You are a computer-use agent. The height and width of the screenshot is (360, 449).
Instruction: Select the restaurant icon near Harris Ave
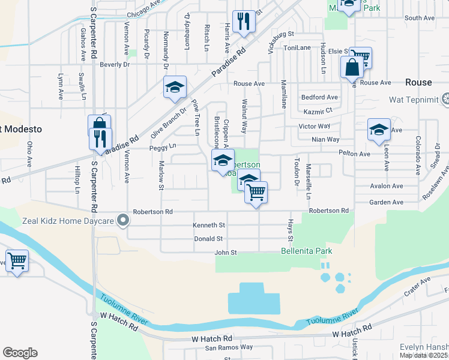(244, 22)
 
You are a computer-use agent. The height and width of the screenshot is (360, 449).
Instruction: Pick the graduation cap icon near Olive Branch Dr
(175, 87)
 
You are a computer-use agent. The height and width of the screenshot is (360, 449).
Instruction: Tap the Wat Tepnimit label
(414, 98)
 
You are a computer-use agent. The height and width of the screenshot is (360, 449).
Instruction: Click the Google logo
(20, 353)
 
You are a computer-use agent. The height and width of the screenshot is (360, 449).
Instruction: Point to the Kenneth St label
(208, 226)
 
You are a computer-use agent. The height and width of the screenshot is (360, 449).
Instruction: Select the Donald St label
(209, 239)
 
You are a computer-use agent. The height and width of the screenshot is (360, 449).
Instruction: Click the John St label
(226, 253)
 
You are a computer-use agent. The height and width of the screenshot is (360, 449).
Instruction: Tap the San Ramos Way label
(229, 347)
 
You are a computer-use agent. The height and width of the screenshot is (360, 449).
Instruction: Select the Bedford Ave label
(319, 97)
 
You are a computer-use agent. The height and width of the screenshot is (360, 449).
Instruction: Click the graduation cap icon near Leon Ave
(379, 130)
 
